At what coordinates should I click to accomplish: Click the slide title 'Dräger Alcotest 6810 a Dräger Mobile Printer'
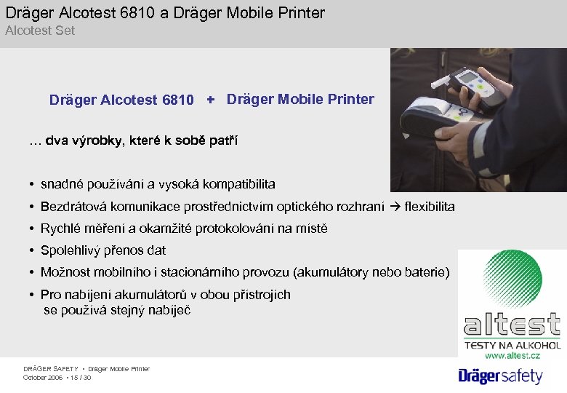click(x=165, y=12)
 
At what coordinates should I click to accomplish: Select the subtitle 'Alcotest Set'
click(x=40, y=31)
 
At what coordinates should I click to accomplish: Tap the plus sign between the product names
click(x=211, y=99)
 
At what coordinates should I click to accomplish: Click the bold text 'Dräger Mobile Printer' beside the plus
click(x=300, y=99)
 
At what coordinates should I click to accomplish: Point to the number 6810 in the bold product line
click(x=178, y=100)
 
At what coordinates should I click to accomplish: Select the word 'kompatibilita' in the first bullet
click(x=241, y=184)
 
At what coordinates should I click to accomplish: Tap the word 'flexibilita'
click(x=430, y=207)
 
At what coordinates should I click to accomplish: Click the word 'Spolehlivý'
click(x=73, y=250)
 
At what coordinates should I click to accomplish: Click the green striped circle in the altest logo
click(x=512, y=278)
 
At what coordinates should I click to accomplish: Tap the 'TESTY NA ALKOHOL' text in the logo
click(x=513, y=345)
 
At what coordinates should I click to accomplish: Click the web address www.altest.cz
click(x=513, y=355)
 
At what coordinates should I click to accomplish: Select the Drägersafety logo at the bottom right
click(x=500, y=376)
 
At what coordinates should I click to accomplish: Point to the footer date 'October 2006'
click(x=43, y=378)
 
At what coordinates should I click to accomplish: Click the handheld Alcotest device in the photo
click(x=467, y=84)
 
